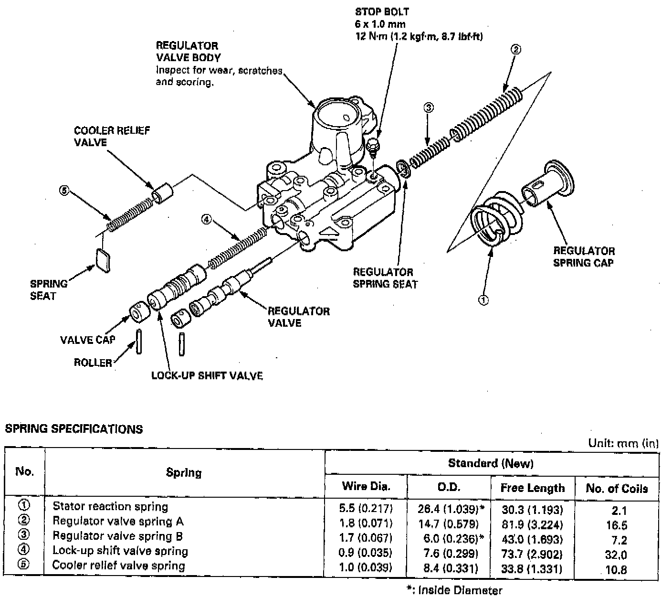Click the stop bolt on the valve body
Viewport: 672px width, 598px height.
(x=374, y=145)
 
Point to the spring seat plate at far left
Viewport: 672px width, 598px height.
(x=103, y=261)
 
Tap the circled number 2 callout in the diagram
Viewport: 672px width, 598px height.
(x=515, y=49)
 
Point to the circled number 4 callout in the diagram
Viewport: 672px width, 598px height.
(x=205, y=220)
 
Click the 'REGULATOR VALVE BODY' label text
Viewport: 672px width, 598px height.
(x=188, y=52)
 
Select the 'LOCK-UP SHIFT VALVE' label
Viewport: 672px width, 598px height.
(x=207, y=375)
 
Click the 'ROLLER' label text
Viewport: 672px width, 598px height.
(x=93, y=363)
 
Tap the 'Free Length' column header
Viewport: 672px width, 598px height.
(x=532, y=488)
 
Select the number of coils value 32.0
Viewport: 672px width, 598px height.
(x=616, y=555)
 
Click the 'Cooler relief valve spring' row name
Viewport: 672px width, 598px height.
(x=118, y=566)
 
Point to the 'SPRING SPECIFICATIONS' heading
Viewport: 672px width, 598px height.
(x=73, y=429)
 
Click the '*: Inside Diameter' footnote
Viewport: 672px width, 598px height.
(x=454, y=590)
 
